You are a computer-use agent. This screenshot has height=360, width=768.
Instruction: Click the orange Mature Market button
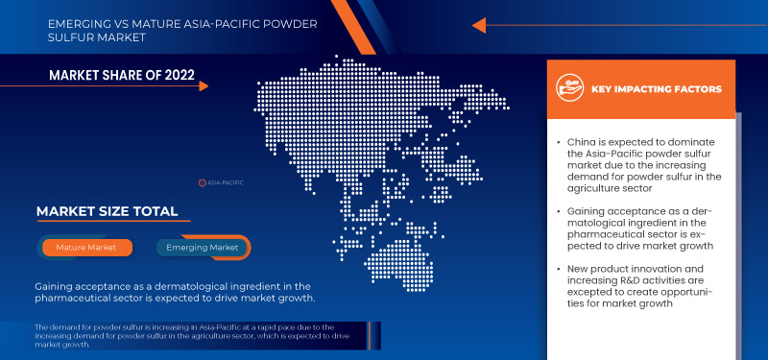[x=86, y=248]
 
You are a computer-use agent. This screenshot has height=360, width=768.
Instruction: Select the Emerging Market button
[x=203, y=248]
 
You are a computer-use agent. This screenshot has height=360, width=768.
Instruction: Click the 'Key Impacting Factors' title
[x=657, y=89]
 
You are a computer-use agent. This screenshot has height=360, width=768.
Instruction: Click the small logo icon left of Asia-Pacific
[x=203, y=181]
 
